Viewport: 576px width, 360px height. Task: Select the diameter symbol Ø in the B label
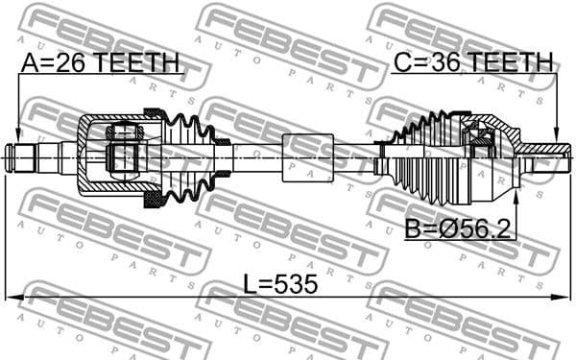click(437, 229)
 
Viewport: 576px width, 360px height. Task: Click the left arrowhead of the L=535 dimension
click(10, 297)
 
